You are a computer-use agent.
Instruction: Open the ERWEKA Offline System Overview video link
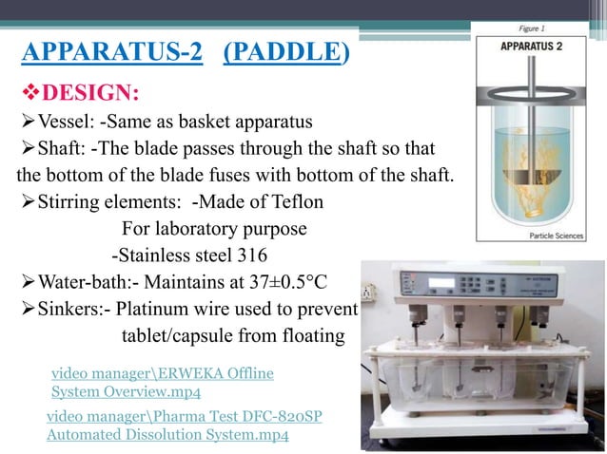click(x=162, y=383)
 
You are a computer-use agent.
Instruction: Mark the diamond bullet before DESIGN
click(x=29, y=92)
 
